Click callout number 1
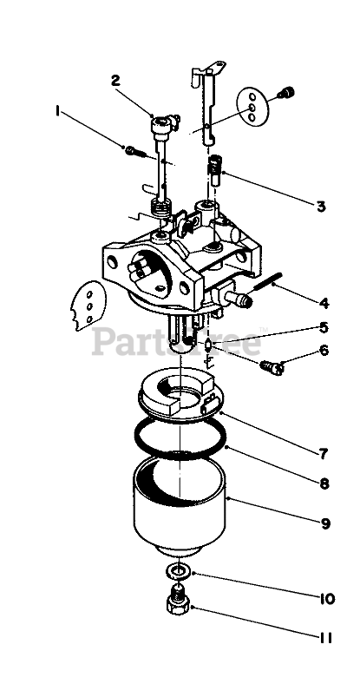coord(57,111)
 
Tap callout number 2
coord(115,81)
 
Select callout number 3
coord(321,206)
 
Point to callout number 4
coord(324,303)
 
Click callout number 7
coord(323,454)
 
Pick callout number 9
coord(325,523)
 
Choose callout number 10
coord(326,599)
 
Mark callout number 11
coord(325,638)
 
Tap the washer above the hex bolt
coord(177,571)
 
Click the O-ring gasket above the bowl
coord(180,437)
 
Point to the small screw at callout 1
coord(135,152)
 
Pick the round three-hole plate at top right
coord(252,107)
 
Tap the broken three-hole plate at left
coord(88,306)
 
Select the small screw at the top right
coord(287,93)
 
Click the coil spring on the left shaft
coord(160,207)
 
